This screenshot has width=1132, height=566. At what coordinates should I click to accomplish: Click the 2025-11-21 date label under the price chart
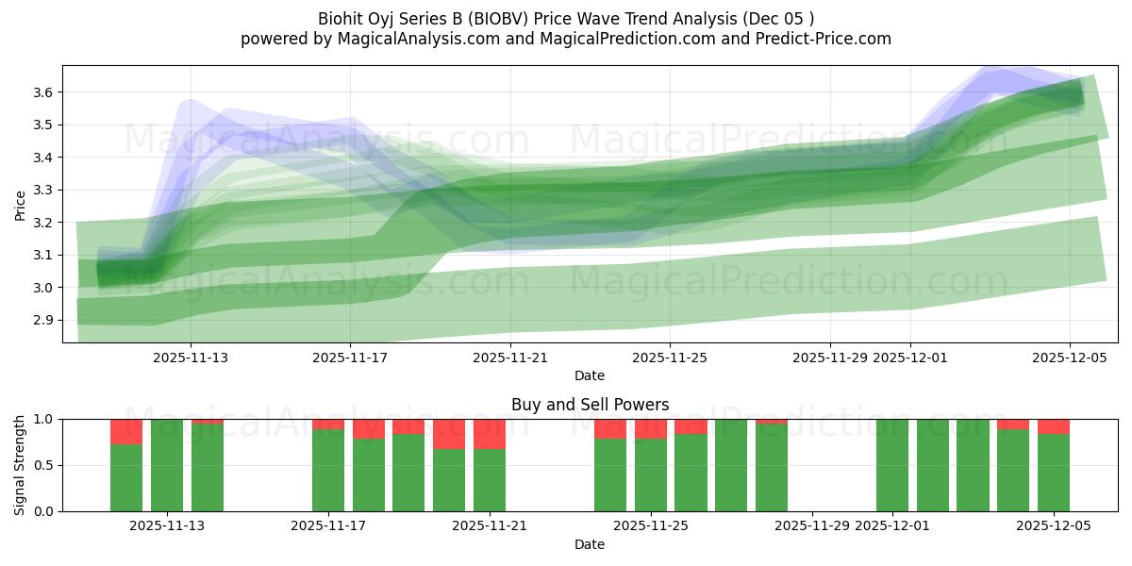509,358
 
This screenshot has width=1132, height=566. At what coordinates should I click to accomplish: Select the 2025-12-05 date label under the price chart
1070,358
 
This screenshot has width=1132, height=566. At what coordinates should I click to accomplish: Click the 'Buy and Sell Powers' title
590,405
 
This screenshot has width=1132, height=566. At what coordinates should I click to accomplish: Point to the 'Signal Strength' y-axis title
21,464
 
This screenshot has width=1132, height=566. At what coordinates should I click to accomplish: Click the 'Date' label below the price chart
590,375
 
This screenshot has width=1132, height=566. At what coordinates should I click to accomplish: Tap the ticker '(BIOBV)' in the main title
502,18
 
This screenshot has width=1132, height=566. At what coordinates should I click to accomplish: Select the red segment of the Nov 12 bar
126,431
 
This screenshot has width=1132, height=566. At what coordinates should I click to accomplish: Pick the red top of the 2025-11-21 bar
490,434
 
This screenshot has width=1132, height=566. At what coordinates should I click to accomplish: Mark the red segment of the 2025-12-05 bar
1054,426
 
